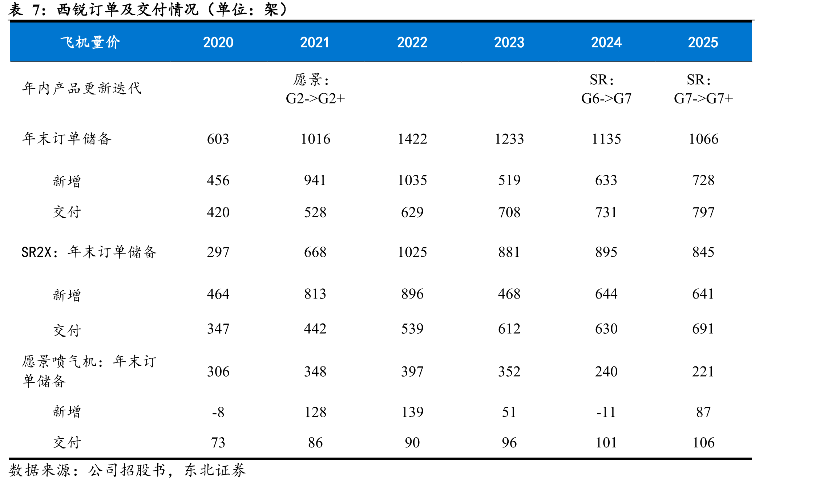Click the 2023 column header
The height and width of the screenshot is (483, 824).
click(x=509, y=42)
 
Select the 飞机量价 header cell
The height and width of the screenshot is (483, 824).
click(x=90, y=42)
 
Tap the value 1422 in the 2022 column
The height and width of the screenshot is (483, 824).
click(x=412, y=139)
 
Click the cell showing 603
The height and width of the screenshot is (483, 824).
click(x=218, y=139)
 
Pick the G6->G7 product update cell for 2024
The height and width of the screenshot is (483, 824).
click(x=606, y=89)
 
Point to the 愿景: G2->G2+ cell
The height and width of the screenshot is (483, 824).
click(x=315, y=89)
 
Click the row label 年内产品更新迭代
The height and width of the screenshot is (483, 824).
click(x=82, y=88)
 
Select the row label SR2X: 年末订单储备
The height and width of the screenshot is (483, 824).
click(x=89, y=252)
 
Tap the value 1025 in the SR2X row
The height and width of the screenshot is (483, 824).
click(x=412, y=252)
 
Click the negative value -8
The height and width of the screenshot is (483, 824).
click(x=218, y=412)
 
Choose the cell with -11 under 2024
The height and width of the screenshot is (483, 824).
click(x=606, y=412)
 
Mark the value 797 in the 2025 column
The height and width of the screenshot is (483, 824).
click(x=703, y=212)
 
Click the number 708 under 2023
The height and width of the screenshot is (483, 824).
click(x=509, y=212)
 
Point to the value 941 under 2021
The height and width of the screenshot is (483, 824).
click(x=315, y=180)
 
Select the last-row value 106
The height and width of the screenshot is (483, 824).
click(x=703, y=442)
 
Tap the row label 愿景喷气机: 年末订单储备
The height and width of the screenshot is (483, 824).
click(x=89, y=371)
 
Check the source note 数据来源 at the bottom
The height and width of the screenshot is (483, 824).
click(x=127, y=470)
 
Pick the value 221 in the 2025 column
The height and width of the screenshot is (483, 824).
click(x=703, y=372)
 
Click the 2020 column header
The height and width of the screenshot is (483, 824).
click(x=218, y=42)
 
